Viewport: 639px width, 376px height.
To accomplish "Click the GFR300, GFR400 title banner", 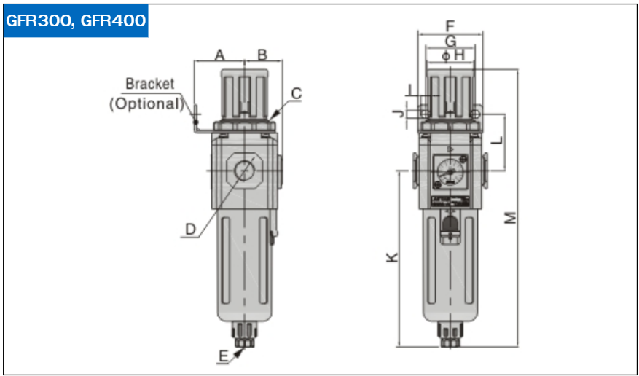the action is point(76,21).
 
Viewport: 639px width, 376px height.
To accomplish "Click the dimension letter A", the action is point(219,55).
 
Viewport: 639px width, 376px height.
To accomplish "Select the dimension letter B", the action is point(262,55).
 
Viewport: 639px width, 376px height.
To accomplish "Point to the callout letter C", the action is point(297,94).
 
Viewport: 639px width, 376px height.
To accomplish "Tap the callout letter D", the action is point(190,230).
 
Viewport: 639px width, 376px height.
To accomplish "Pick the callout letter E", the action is point(224,356).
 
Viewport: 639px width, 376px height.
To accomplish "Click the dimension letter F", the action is point(450,26).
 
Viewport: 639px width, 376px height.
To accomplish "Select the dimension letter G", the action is point(450,41).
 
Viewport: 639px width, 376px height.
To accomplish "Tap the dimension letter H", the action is point(459,55).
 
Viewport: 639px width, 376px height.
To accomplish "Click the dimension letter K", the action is point(392,257).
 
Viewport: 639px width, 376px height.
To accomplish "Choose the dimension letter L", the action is point(497,140).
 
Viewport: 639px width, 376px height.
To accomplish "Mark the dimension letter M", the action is point(510,218).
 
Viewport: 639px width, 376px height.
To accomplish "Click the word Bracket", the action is point(149,84).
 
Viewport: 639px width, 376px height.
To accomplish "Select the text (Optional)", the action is point(146,103).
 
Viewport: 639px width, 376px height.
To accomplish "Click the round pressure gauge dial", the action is point(450,172).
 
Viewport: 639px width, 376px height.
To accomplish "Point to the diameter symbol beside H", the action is point(447,56).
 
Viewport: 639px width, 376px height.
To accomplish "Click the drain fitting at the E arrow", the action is point(244,335).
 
